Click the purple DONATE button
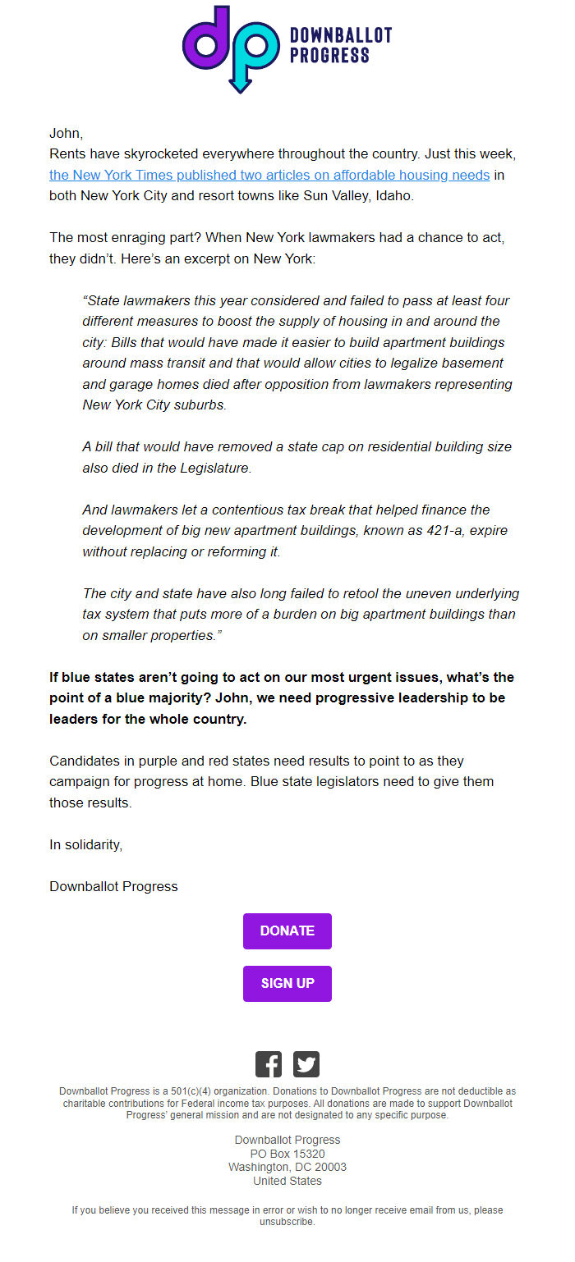pos(287,930)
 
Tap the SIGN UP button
pos(287,983)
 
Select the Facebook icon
pos(269,1064)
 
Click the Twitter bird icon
pos(306,1064)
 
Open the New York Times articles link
pos(269,175)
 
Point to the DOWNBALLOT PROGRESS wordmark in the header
pos(340,45)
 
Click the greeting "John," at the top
pos(67,133)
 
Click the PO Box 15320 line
pos(287,1154)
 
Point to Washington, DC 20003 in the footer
pos(287,1167)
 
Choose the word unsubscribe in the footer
pos(287,1222)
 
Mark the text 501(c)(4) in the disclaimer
pos(191,1091)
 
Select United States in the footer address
pos(287,1181)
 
